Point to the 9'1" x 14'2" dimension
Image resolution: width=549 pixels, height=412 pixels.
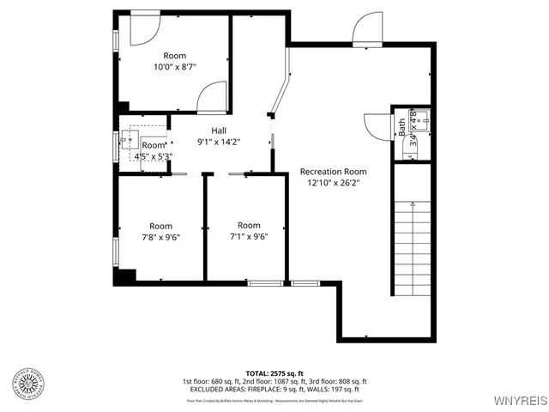(219, 142)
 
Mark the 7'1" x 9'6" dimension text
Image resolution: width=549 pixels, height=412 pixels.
(249, 237)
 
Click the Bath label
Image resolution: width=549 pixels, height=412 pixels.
(401, 127)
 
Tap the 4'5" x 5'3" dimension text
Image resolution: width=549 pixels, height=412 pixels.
(154, 156)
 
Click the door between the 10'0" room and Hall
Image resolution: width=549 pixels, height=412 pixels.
(212, 97)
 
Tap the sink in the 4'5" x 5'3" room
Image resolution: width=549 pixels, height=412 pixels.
(130, 139)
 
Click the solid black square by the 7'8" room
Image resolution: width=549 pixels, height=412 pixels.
(125, 276)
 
